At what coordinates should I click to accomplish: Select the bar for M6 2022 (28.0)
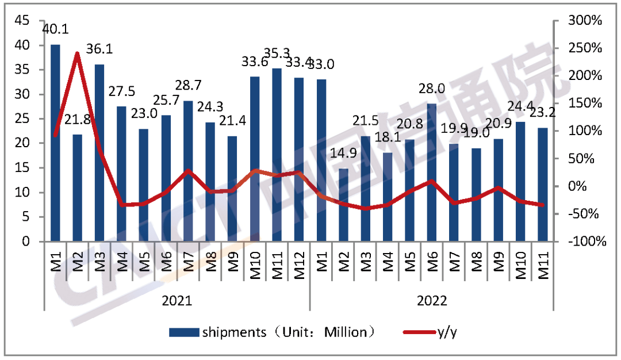pyautogui.click(x=432, y=173)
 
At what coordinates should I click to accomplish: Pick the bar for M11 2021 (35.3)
pyautogui.click(x=277, y=155)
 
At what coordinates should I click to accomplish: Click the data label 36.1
pyautogui.click(x=99, y=49)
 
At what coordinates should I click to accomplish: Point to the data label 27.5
pyautogui.click(x=122, y=93)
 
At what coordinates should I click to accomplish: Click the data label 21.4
pyautogui.click(x=232, y=122)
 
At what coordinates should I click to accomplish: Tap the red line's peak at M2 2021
pyautogui.click(x=77, y=53)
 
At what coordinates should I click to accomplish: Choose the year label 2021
pyautogui.click(x=177, y=301)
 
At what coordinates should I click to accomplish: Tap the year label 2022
pyautogui.click(x=432, y=301)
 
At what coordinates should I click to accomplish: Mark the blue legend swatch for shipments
pyautogui.click(x=183, y=332)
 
